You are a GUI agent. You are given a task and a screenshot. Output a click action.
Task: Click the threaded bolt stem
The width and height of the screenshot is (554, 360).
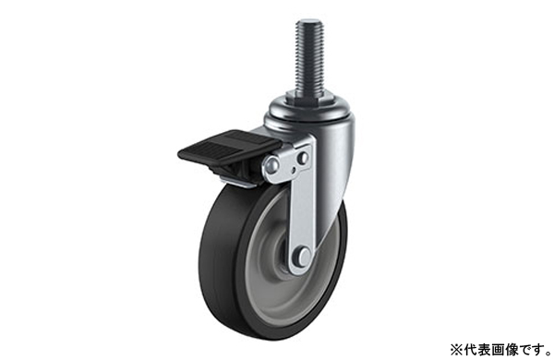click(x=307, y=60)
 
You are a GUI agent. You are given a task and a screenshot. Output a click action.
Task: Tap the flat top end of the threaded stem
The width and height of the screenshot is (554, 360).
click(x=307, y=22)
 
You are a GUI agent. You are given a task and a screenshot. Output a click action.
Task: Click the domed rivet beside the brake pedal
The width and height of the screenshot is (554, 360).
click(x=271, y=163)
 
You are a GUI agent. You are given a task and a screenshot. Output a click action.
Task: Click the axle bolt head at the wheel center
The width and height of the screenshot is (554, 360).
click(x=302, y=255)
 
